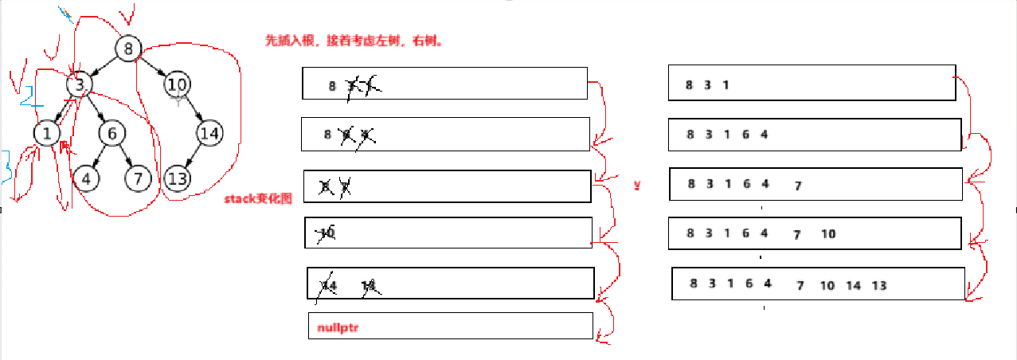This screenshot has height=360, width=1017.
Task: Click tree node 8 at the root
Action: pos(127,49)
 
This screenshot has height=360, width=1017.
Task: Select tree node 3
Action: pos(80,84)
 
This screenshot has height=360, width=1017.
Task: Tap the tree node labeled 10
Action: pos(177,84)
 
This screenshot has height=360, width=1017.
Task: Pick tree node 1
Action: pos(47,133)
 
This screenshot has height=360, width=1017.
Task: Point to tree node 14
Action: pos(209,133)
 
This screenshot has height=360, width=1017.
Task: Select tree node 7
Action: pos(138,178)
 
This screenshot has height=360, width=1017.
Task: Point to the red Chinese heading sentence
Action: pos(354,41)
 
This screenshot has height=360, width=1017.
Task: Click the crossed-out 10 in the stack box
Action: pos(327,233)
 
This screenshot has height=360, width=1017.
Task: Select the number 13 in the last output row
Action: pos(879,285)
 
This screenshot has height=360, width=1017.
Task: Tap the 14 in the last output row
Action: pos(853,285)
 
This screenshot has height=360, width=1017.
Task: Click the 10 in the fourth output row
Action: pos(828,234)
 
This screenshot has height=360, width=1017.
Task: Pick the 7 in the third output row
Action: pos(797,186)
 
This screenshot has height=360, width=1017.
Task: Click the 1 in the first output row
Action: pos(726,85)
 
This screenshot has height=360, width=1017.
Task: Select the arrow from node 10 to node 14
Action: pos(194,108)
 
